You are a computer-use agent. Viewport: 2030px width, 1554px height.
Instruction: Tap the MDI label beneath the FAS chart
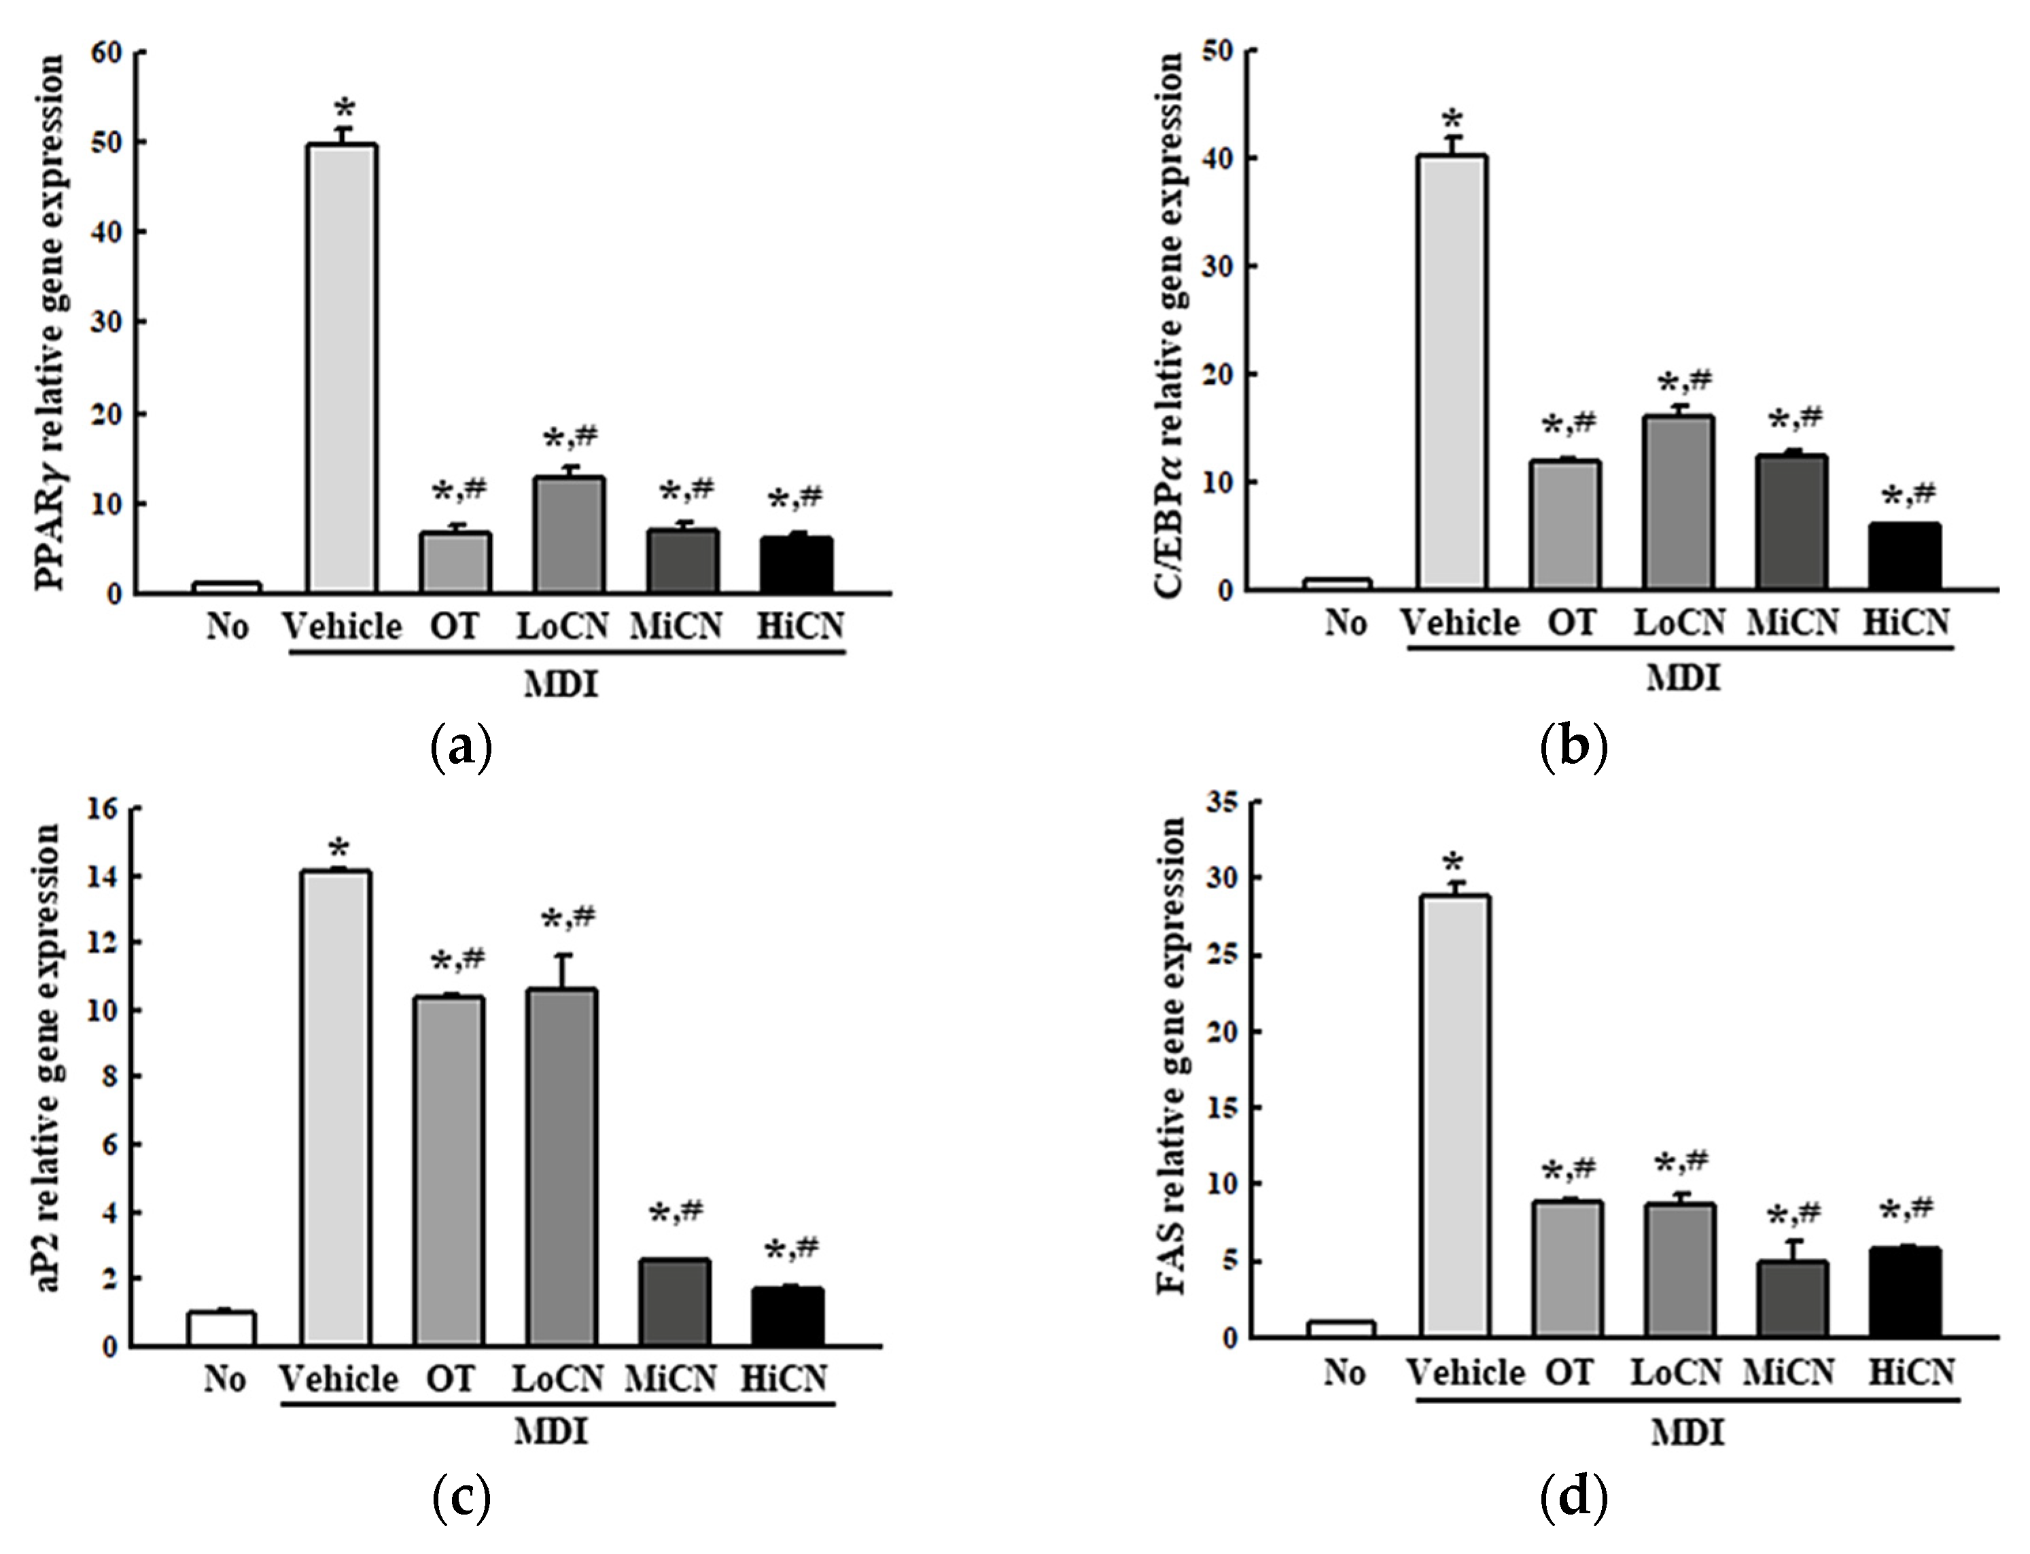pos(1687,1434)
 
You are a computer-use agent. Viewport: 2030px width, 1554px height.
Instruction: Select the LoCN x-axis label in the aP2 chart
pos(559,1379)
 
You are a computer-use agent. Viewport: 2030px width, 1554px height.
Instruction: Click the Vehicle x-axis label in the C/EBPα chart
pos(1460,622)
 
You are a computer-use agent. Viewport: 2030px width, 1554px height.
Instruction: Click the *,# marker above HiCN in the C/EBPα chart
pos(1908,497)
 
